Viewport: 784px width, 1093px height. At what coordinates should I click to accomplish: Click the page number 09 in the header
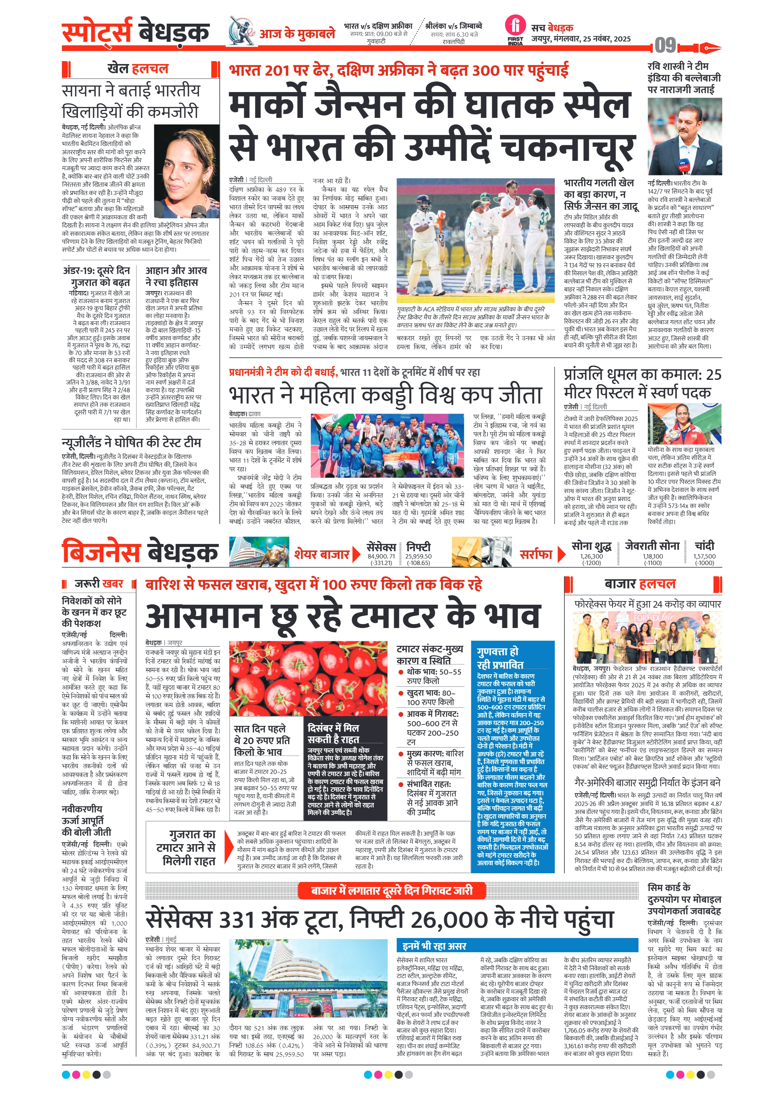point(665,46)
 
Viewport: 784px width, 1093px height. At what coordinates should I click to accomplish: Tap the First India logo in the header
point(515,30)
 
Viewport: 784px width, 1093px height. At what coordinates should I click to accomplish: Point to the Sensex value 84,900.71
point(381,556)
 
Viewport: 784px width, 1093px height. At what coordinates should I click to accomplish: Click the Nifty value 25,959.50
point(418,556)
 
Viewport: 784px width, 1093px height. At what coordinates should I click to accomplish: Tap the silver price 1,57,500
point(704,556)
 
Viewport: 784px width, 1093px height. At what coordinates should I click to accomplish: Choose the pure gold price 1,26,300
point(591,556)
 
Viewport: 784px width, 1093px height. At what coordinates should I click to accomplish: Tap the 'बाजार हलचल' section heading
point(640,584)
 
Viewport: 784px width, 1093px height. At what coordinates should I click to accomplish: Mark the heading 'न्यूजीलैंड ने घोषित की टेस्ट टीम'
point(131,442)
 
